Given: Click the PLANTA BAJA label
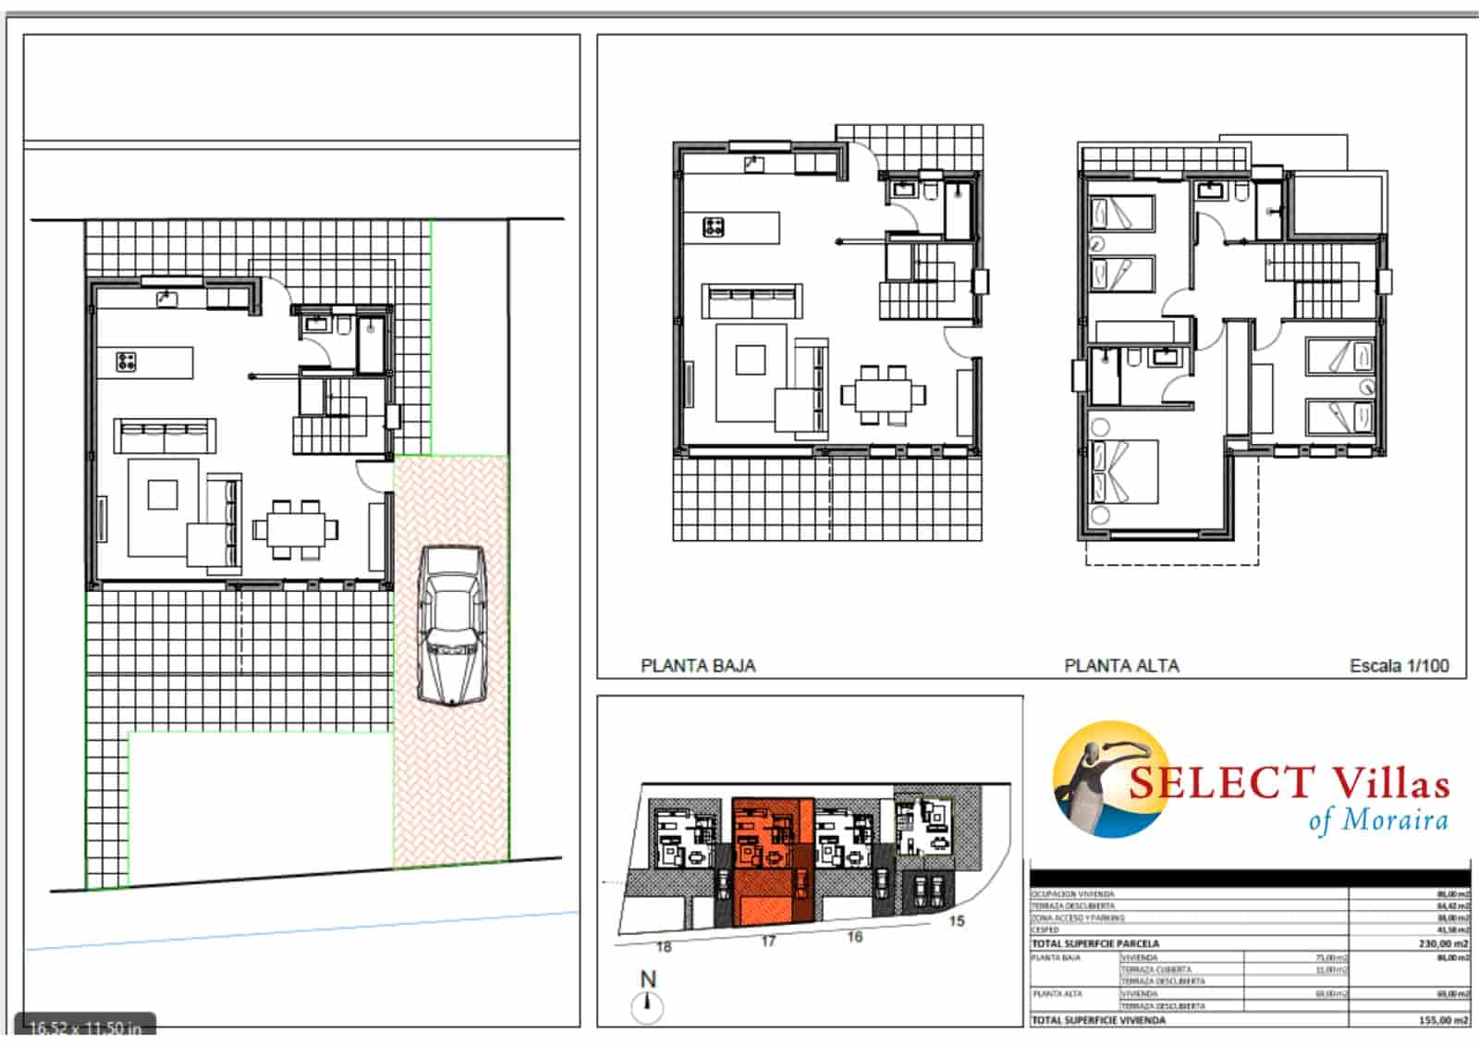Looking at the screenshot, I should tap(698, 665).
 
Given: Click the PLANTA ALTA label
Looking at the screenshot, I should tap(1121, 665).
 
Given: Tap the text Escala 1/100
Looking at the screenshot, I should tap(1399, 665).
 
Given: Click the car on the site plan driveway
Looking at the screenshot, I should tap(451, 625).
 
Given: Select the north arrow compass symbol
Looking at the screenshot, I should tap(647, 1004).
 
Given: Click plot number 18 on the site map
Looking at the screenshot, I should tap(664, 946).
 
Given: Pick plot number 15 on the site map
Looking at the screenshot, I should tap(956, 920).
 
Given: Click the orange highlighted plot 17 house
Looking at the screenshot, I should tap(772, 861).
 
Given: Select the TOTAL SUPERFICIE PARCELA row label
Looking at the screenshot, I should tap(1094, 943).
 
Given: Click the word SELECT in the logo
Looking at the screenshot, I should tap(1220, 783).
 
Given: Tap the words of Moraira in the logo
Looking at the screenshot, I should tap(1377, 820).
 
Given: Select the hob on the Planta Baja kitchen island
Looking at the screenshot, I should tap(714, 227).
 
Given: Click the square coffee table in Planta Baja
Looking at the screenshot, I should tap(751, 359).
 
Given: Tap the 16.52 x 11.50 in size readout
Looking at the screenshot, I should tap(85, 1028).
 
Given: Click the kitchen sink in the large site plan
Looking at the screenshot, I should tap(167, 298).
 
